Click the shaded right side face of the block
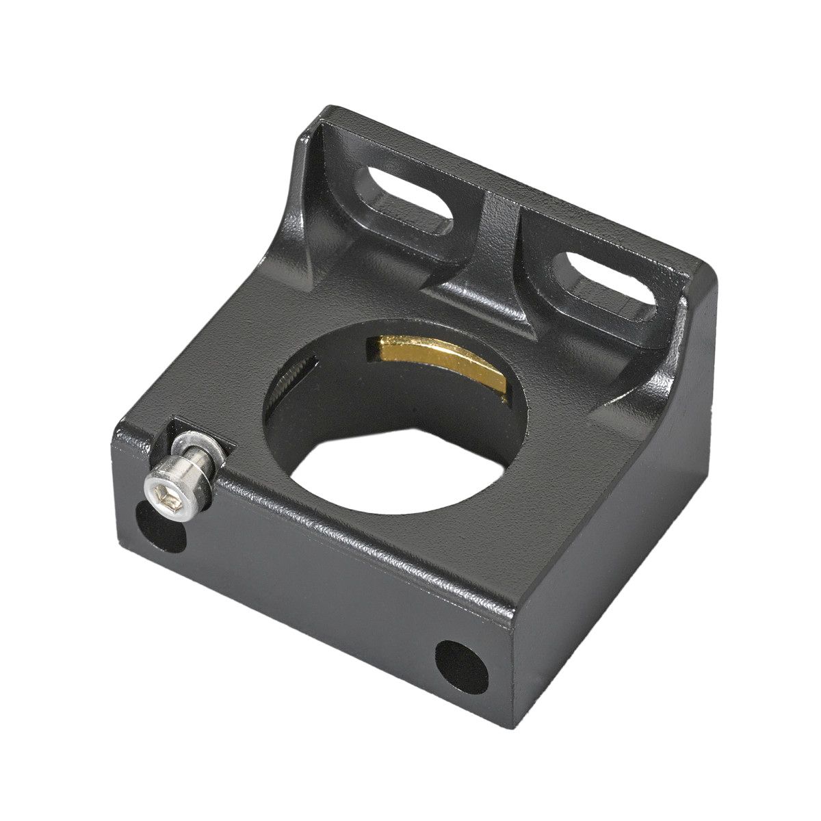tap(616, 547)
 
